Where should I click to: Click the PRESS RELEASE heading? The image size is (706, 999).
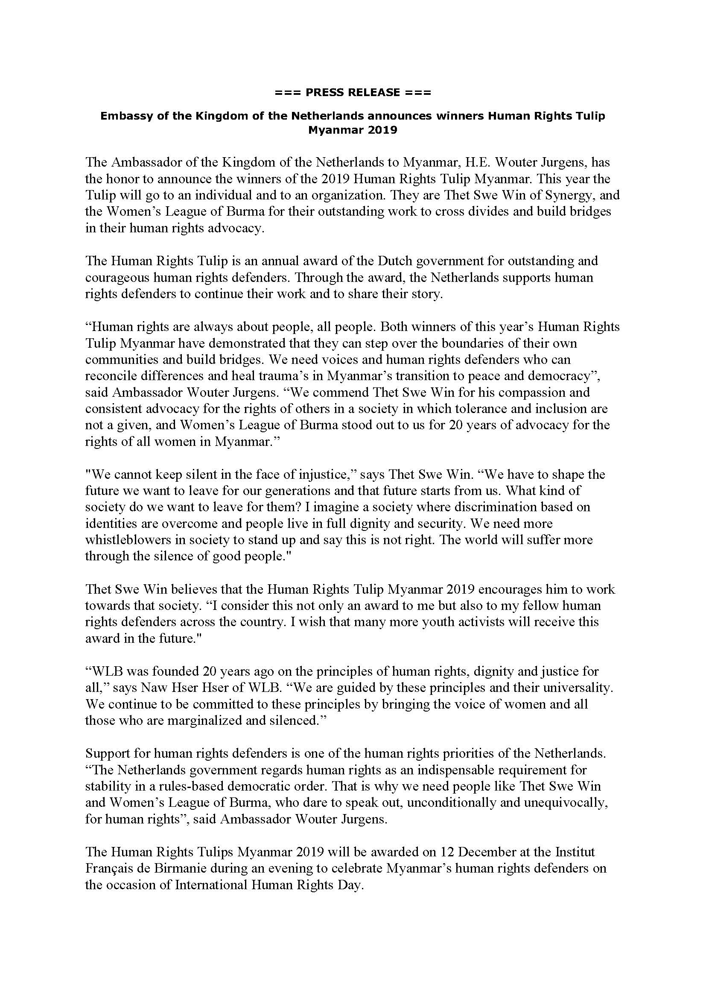tap(353, 92)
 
